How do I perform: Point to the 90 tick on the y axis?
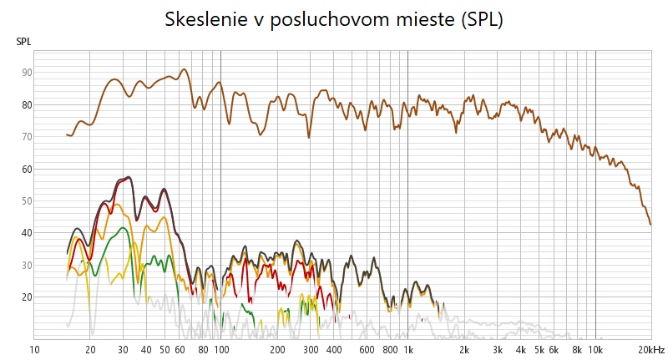pyautogui.click(x=27, y=73)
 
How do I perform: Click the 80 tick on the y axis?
pyautogui.click(x=27, y=104)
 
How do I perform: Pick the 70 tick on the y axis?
pyautogui.click(x=27, y=136)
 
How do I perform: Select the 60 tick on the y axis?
pyautogui.click(x=27, y=169)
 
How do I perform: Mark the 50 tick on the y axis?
pyautogui.click(x=27, y=200)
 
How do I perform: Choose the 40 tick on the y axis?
pyautogui.click(x=27, y=233)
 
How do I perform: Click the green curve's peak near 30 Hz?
pyautogui.click(x=123, y=227)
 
